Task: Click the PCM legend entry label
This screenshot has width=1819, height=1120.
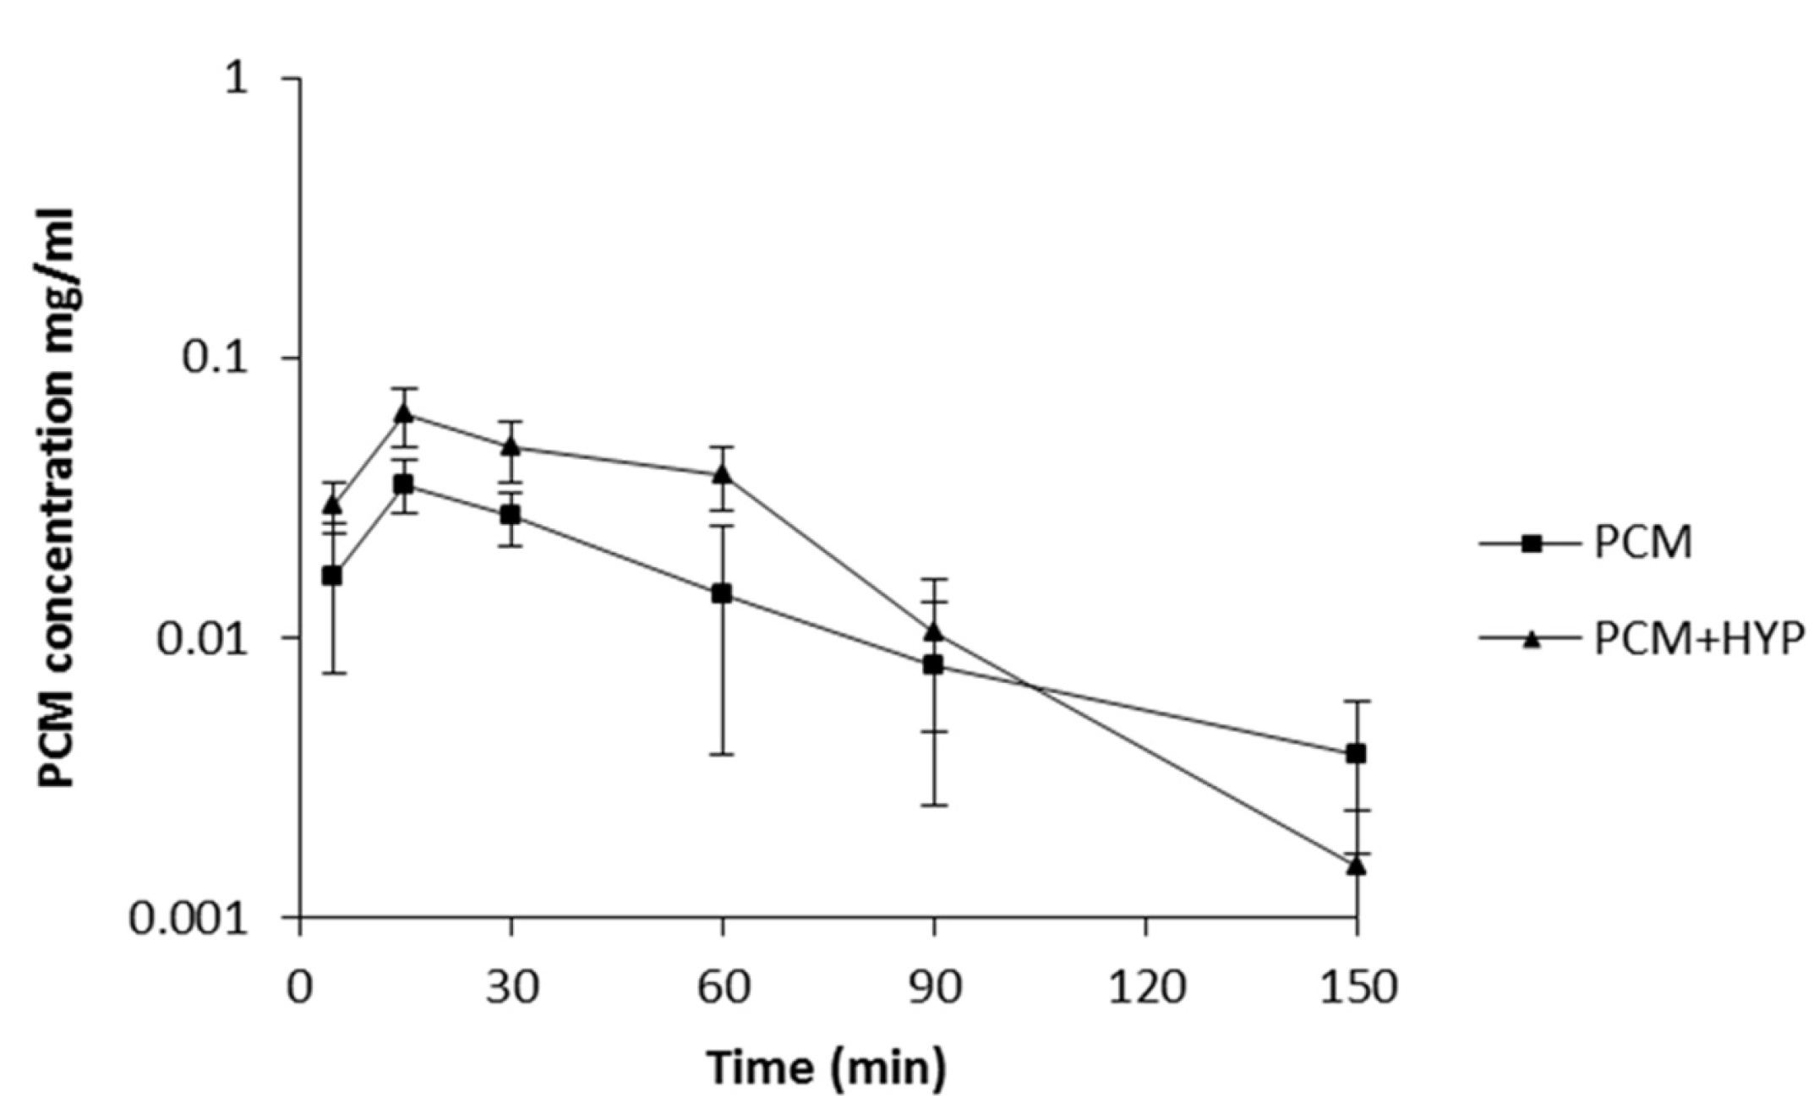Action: pos(1642,543)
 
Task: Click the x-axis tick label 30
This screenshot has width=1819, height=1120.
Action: pos(511,987)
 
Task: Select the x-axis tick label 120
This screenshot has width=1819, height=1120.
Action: pos(1145,987)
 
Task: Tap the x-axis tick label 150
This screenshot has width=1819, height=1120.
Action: pos(1357,987)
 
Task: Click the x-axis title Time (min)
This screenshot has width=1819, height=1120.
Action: pos(826,1068)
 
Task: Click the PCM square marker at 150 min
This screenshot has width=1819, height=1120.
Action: pos(1356,753)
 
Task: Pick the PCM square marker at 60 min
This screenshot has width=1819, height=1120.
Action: pos(722,593)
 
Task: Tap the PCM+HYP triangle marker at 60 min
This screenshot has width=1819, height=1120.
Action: pos(722,474)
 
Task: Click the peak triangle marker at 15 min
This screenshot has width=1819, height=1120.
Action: pos(404,413)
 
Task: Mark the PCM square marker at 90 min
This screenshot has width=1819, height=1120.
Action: pos(933,664)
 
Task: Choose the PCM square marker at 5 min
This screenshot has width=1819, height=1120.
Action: pos(332,576)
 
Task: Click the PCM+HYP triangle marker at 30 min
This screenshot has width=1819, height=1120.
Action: pos(510,446)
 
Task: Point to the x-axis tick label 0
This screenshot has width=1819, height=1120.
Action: pos(299,987)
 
